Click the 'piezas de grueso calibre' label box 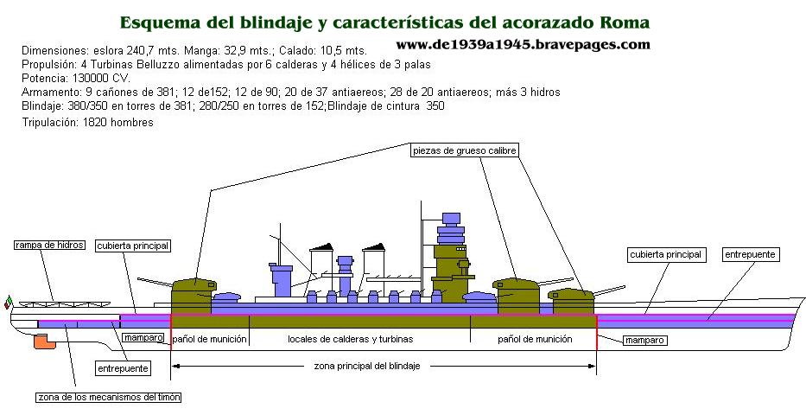(x=464, y=150)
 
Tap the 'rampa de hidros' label (x=49, y=246)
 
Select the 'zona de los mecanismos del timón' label (x=109, y=397)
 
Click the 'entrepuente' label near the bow (x=750, y=254)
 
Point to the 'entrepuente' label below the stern (x=124, y=368)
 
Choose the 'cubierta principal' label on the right (x=665, y=254)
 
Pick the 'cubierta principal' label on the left (x=133, y=246)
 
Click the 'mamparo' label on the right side (x=644, y=341)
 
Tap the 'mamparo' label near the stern (x=143, y=337)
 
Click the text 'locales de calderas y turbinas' (x=351, y=339)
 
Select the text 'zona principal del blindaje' (x=367, y=366)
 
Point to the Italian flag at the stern (x=8, y=302)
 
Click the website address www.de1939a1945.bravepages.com (x=523, y=44)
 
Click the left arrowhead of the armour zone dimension (x=175, y=366)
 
